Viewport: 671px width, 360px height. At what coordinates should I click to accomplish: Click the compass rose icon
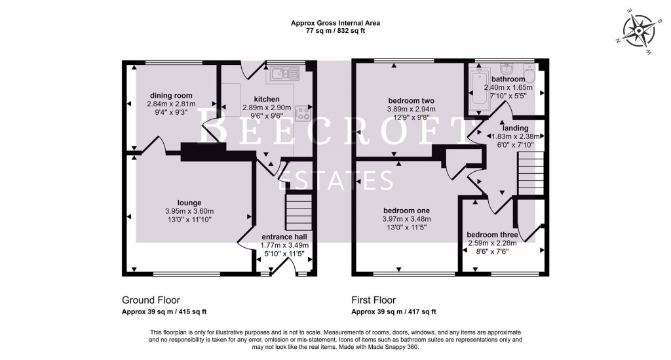[638, 31]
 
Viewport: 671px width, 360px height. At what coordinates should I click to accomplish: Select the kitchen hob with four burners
[303, 113]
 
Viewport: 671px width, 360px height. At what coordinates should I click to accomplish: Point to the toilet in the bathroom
[529, 73]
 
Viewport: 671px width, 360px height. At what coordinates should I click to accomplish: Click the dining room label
[171, 96]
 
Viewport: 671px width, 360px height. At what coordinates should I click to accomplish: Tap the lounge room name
[189, 203]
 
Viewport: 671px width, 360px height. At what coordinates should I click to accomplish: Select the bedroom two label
[411, 100]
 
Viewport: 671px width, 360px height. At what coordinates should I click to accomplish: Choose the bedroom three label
[492, 235]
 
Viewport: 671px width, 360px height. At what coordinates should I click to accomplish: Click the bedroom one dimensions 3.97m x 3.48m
[406, 219]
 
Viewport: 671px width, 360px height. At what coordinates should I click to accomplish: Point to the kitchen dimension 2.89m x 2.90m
[267, 108]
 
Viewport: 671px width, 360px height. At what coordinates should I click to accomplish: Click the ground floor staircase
[297, 212]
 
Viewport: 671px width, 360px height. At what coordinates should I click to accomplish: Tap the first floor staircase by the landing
[531, 173]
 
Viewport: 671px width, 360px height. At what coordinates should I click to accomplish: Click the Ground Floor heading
[151, 300]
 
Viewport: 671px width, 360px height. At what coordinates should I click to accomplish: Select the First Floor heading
[374, 300]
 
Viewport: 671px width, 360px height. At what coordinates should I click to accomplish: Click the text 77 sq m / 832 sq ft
[335, 31]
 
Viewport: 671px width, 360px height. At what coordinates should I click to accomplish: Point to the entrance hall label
[284, 237]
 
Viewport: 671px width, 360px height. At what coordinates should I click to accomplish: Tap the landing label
[515, 128]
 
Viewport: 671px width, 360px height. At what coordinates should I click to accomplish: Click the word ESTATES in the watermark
[335, 180]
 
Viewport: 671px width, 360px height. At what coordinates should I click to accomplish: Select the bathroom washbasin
[508, 69]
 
